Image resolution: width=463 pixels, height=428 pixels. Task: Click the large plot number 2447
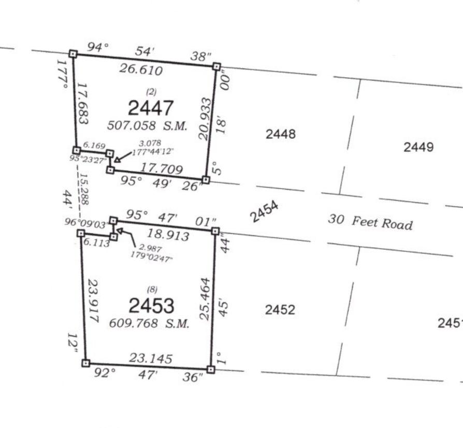[x=151, y=108]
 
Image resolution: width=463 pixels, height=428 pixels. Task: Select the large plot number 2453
[x=151, y=305]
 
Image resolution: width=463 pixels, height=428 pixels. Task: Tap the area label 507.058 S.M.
[x=148, y=125]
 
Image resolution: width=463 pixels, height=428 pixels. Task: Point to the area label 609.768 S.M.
[x=149, y=323]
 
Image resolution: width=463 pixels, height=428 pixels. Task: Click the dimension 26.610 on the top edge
[x=141, y=69]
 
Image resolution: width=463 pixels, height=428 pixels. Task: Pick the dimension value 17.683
[x=83, y=104]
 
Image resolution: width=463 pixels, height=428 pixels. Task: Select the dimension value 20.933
[x=205, y=119]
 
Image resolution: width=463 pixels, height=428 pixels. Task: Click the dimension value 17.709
[x=161, y=168]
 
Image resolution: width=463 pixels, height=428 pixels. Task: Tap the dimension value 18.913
[x=168, y=235]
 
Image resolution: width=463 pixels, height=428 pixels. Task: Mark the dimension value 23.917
[x=93, y=301]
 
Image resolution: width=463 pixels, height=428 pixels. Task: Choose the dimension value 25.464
[x=205, y=299]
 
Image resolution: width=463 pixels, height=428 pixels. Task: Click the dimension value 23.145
[x=151, y=358]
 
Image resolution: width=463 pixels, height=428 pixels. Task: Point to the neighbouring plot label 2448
[x=281, y=134]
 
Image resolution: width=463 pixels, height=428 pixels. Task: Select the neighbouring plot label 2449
[x=418, y=147]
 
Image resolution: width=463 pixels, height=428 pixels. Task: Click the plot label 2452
[x=280, y=310]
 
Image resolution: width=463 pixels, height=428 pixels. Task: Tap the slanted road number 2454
[x=264, y=211]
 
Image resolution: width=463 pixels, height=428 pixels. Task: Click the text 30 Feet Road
[x=370, y=222]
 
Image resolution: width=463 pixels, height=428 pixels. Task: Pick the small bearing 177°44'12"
[x=152, y=152]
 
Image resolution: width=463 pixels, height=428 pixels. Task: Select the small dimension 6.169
[x=94, y=145]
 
